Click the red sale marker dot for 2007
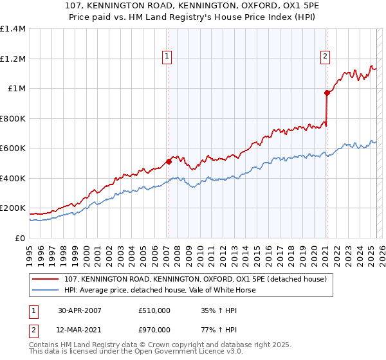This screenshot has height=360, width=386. [x=169, y=162]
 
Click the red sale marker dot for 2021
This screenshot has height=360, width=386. [x=326, y=93]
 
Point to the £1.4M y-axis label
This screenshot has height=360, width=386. [x=12, y=29]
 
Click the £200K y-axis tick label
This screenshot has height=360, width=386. [x=12, y=208]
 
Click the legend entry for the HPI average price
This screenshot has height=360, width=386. [x=160, y=290]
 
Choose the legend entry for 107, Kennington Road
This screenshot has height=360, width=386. [x=196, y=279]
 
